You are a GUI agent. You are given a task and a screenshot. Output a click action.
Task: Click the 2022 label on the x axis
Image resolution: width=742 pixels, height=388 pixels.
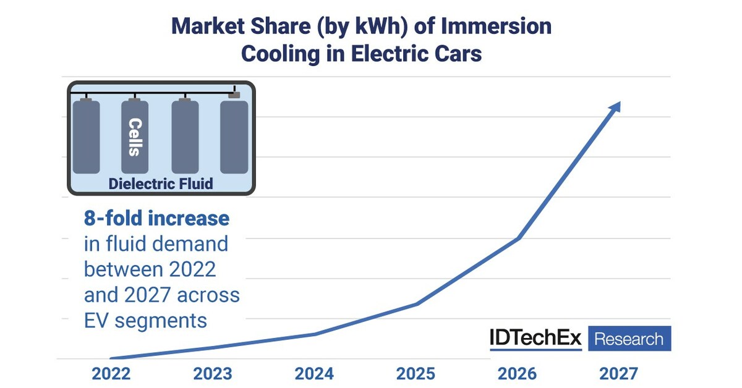[x=111, y=374]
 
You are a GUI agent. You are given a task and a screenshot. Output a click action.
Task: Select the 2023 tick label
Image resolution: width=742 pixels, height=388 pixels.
[x=213, y=374]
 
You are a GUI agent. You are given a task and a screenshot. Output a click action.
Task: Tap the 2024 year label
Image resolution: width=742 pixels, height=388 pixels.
[x=314, y=374]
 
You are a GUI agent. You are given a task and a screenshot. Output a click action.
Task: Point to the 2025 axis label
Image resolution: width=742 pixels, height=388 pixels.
[x=416, y=374]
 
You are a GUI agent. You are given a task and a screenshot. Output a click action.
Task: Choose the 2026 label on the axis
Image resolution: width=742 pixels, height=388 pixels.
[x=517, y=374]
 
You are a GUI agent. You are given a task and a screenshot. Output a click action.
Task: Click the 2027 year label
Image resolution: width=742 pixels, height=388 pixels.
[x=618, y=374]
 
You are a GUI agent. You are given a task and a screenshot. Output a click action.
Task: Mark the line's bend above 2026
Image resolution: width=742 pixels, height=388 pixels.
[x=518, y=238]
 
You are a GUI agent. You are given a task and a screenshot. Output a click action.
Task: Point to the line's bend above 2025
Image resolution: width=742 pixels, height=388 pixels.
[x=417, y=304]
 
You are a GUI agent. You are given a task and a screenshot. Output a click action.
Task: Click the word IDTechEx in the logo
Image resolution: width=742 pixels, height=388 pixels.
[x=535, y=338]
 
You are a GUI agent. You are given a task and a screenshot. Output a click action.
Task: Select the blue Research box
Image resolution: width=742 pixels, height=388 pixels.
[x=629, y=339]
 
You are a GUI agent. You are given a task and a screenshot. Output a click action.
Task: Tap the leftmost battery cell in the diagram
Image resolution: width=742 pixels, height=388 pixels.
[x=86, y=137]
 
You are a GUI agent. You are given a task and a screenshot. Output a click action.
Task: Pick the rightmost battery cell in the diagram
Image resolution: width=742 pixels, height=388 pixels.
[x=234, y=135]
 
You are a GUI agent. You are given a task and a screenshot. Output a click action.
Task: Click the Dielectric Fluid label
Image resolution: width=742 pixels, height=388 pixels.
[x=161, y=183]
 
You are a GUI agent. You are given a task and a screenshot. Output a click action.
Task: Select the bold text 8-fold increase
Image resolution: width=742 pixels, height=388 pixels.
[x=156, y=218]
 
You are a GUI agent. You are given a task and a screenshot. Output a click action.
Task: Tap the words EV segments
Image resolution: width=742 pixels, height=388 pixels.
[x=145, y=321]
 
